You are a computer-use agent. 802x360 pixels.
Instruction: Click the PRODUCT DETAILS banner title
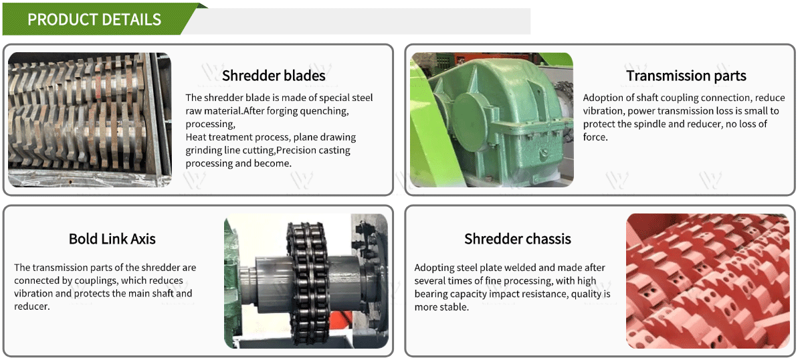94,19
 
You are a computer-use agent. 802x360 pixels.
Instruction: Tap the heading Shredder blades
274,76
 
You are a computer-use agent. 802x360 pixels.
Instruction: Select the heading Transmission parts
686,76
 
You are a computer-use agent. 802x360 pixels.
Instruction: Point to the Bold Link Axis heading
112,239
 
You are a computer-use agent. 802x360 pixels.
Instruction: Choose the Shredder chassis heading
518,239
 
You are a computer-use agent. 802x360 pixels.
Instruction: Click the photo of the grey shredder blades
90,120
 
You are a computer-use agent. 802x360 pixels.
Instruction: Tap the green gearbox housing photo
492,120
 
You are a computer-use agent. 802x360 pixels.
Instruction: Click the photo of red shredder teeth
708,281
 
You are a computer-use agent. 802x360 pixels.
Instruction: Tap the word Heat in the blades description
195,137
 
